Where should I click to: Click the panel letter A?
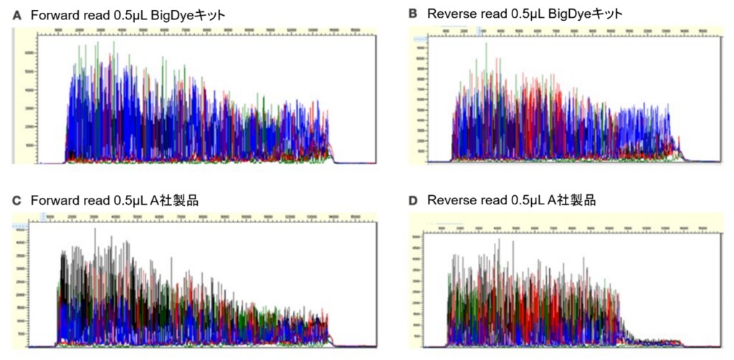pos(16,14)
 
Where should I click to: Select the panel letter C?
pos(16,201)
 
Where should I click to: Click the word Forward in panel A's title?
pos(54,14)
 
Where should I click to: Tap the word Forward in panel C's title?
pos(54,201)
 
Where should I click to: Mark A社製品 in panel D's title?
pos(569,201)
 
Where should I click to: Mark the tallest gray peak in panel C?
pos(95,229)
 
